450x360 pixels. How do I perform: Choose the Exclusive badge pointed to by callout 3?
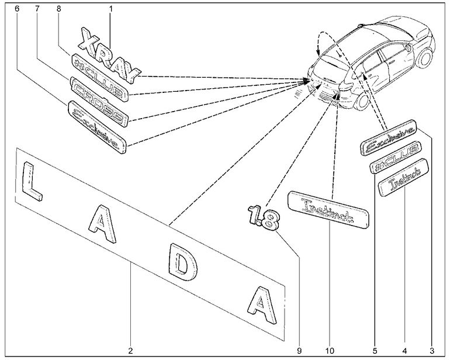pyautogui.click(x=390, y=137)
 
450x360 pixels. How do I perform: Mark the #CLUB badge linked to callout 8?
pyautogui.click(x=97, y=75)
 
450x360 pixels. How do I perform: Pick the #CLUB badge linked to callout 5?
pyautogui.click(x=396, y=157)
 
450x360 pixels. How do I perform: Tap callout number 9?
pyautogui.click(x=299, y=351)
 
